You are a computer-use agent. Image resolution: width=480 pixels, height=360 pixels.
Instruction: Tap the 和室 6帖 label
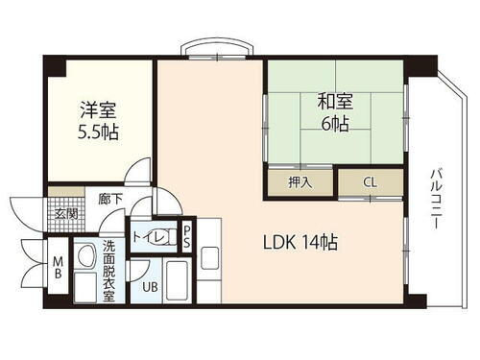coord(328,113)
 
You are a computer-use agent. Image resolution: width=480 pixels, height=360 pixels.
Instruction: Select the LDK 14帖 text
coord(300,243)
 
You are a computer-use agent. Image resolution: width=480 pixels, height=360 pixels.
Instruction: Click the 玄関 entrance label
coord(65,214)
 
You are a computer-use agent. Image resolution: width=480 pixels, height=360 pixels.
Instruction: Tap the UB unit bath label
coord(150,286)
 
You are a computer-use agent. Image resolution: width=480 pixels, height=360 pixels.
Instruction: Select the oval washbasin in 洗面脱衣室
coord(84,256)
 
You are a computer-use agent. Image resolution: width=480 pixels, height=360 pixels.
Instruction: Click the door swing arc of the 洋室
coord(140,173)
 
